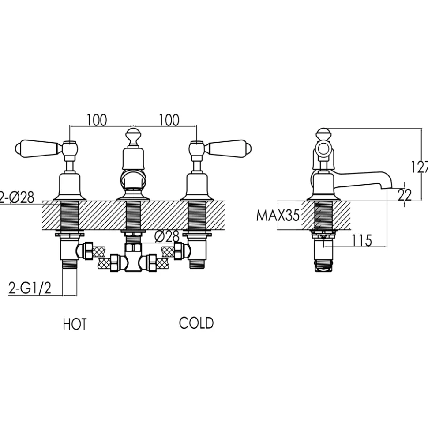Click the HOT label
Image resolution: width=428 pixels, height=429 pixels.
(x=75, y=324)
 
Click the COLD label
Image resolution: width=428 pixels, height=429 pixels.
(x=196, y=323)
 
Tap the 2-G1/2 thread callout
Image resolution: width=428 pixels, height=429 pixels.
(x=30, y=288)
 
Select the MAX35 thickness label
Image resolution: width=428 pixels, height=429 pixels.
(x=278, y=215)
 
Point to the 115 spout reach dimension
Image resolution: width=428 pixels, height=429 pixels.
(x=361, y=240)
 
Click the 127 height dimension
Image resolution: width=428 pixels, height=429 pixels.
(x=420, y=167)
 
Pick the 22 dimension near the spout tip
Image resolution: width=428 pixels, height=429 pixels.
(x=405, y=195)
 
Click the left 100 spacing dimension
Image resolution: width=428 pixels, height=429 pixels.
(x=97, y=120)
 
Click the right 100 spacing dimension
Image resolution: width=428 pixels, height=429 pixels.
(x=169, y=120)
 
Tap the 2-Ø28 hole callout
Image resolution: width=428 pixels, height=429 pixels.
(x=17, y=197)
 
